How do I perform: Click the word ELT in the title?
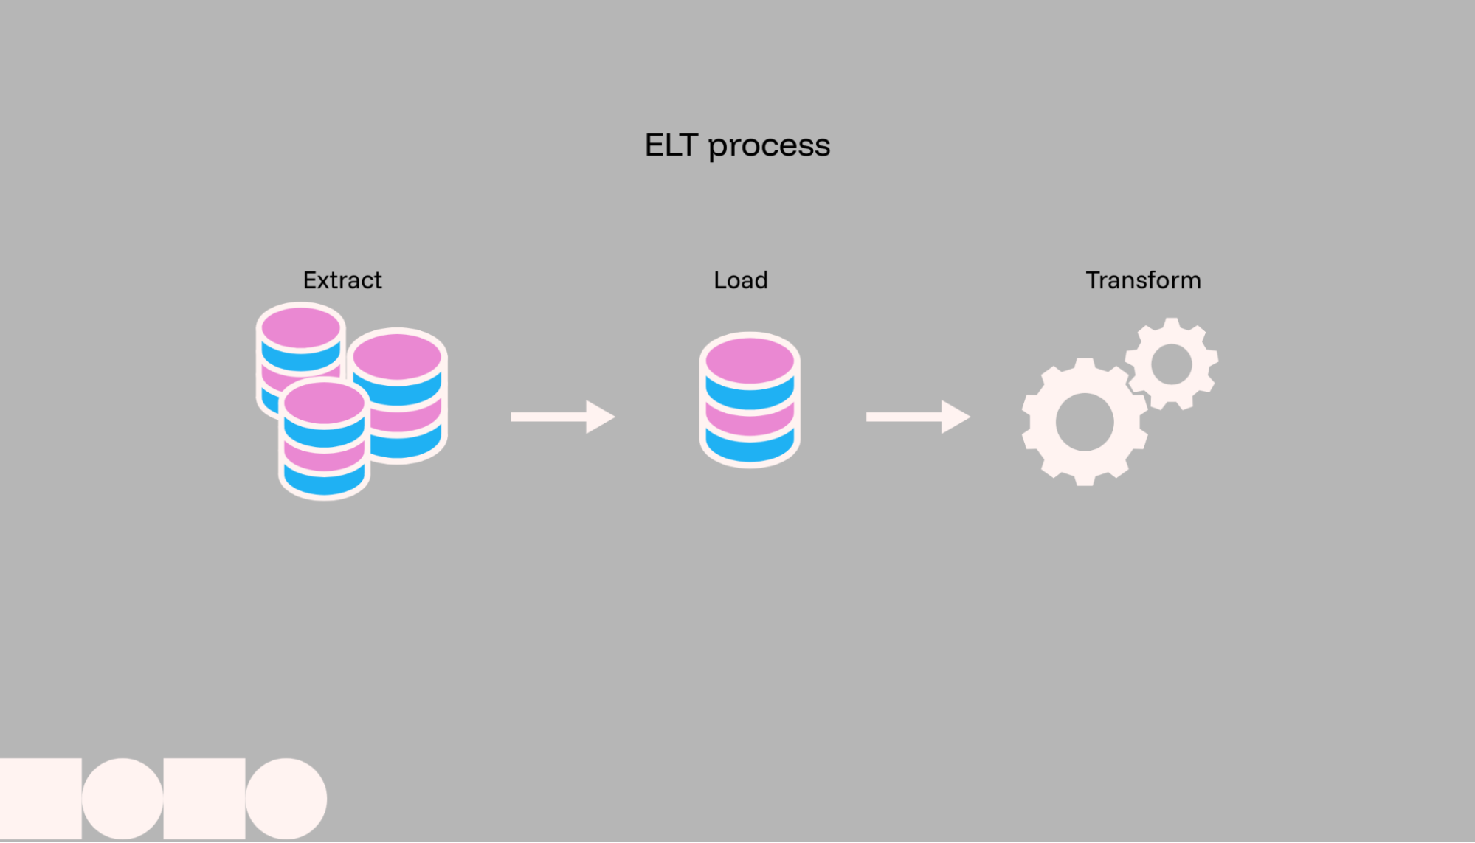(x=671, y=145)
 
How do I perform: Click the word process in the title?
(x=769, y=147)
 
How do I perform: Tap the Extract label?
(x=342, y=280)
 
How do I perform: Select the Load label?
(x=740, y=280)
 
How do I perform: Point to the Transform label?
(x=1143, y=280)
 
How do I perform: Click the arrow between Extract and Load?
(x=562, y=417)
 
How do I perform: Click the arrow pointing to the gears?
(x=917, y=417)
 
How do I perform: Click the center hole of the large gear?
(x=1084, y=422)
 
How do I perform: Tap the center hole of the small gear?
(x=1171, y=364)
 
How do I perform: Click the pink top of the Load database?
(x=750, y=361)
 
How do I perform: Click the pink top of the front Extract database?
(x=324, y=403)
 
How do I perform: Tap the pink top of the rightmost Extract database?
(x=398, y=357)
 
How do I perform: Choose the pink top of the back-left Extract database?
(x=300, y=327)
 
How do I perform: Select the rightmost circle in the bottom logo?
(x=286, y=799)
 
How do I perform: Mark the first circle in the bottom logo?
(x=122, y=799)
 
